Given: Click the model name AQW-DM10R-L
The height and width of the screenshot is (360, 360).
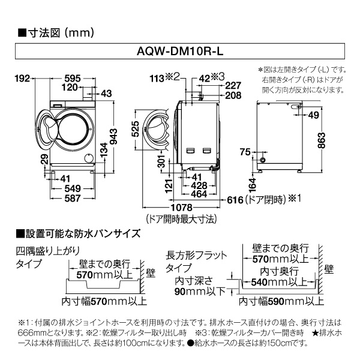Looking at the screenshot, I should point(180,52).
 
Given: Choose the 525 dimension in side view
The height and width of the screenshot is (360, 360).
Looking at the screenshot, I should point(136,130).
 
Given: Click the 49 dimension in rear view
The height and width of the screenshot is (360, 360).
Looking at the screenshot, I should point(314,116).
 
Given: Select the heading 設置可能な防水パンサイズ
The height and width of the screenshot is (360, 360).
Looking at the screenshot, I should point(77,233).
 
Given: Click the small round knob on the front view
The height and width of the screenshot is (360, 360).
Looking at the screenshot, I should point(89,157).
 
